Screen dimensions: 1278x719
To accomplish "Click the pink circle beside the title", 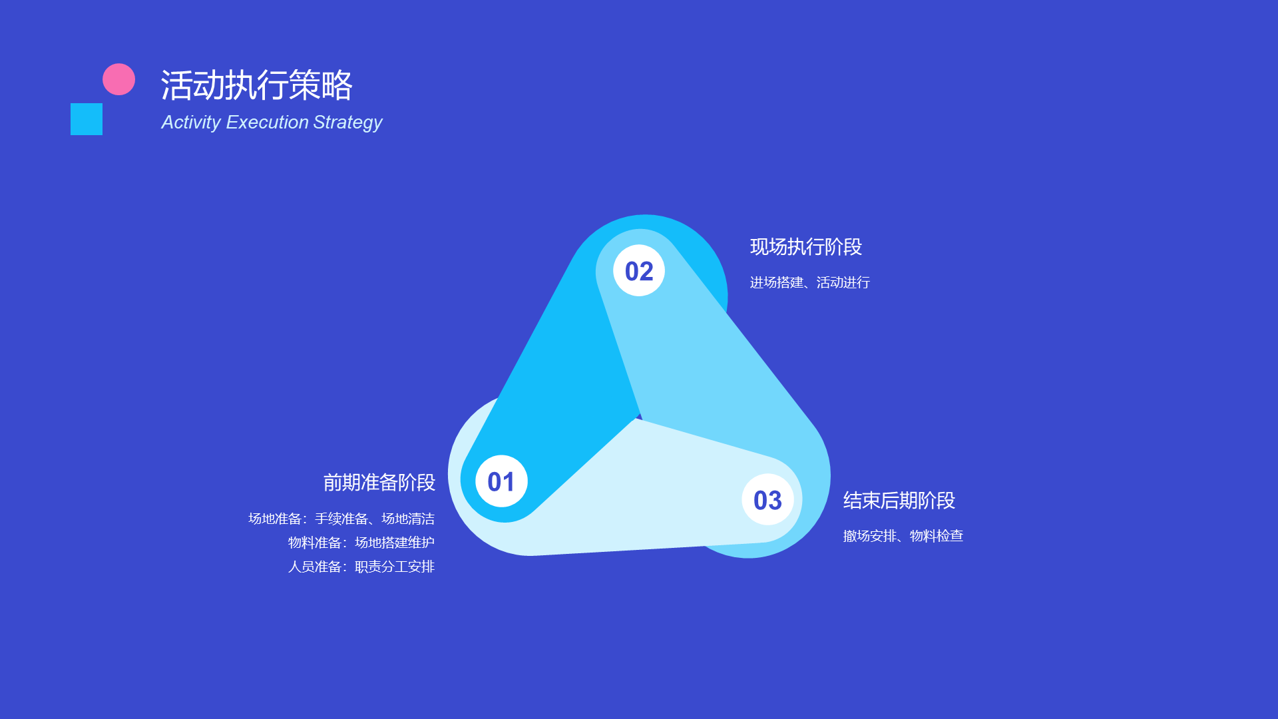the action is coord(118,79).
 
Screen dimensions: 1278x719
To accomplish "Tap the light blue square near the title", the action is coord(87,119).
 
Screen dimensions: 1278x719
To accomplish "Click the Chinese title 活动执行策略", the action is coord(256,85).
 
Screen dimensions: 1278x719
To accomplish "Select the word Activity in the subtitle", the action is coord(191,122).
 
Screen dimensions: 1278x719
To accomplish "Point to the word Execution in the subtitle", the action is coord(267,122).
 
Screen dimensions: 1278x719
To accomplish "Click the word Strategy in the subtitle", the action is coord(347,122).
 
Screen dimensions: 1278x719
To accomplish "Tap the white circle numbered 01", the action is coord(501,481).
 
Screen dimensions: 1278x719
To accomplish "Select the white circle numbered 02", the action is coord(639,270).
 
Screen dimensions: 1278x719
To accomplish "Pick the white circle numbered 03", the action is coord(767,499).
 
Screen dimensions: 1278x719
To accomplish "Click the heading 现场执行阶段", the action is coord(806,247).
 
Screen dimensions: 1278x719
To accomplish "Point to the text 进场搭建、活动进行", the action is coord(810,282).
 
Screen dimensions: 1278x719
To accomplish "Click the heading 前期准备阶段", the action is coord(379,483).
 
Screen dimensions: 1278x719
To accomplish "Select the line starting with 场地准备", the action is coord(341,519).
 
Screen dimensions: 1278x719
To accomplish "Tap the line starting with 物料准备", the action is coord(361,543).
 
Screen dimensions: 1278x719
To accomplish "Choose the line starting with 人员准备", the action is coord(361,567).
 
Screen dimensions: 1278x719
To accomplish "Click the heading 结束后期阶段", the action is coord(899,501).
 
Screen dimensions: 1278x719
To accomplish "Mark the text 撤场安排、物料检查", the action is coord(903,536).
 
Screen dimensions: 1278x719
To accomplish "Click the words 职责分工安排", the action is coord(395,567).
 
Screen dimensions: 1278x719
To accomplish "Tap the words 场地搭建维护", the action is coord(395,543).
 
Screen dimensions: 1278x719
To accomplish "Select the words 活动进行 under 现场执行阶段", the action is coord(843,282).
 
